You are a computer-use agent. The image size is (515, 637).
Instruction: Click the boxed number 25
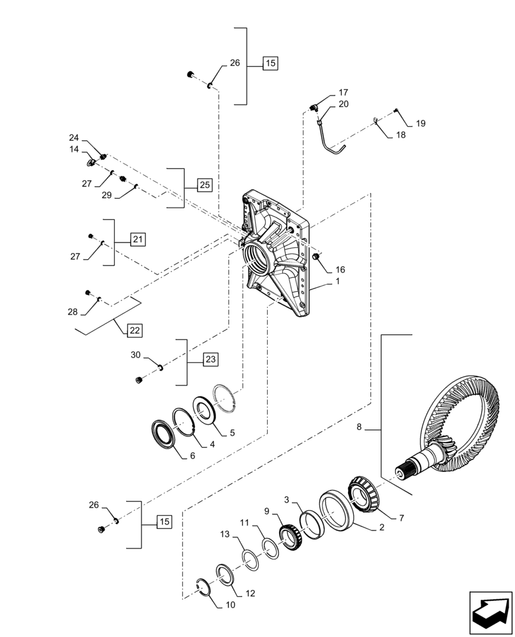(x=204, y=185)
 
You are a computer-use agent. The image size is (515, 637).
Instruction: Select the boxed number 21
(x=138, y=240)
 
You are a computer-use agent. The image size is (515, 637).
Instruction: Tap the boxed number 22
(x=134, y=331)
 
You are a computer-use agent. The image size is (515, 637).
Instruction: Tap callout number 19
(x=421, y=123)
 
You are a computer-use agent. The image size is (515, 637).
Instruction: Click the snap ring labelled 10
(x=203, y=587)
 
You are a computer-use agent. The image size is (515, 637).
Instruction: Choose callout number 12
(x=250, y=593)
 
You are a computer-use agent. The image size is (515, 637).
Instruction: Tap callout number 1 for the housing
(x=338, y=281)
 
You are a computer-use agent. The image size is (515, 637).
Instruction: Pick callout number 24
(x=74, y=138)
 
